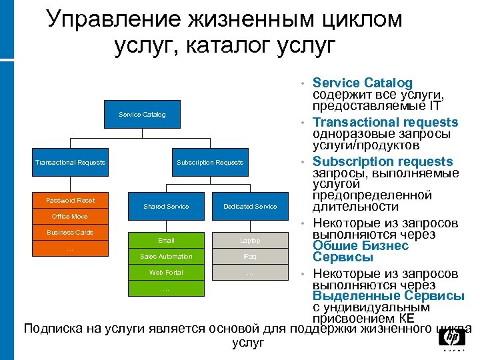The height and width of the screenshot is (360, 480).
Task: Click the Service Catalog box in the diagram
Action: (142, 115)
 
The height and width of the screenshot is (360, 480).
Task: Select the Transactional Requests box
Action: (70, 163)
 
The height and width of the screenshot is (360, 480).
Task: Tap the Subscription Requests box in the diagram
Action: (210, 163)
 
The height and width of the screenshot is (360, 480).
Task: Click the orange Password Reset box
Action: (70, 201)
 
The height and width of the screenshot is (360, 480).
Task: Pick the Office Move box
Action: (70, 217)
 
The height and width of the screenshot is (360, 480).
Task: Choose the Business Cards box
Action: (70, 233)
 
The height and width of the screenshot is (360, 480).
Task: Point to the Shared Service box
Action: (166, 207)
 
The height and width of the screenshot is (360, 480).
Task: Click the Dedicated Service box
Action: (250, 207)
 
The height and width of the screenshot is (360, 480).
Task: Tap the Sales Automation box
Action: (166, 257)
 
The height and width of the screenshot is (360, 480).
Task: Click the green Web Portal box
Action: (166, 273)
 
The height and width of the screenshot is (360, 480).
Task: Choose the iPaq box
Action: (250, 257)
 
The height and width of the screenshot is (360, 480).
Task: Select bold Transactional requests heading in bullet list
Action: (385, 122)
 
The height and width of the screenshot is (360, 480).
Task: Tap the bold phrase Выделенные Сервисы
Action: (389, 296)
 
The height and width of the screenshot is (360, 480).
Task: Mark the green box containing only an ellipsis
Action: (166, 289)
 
